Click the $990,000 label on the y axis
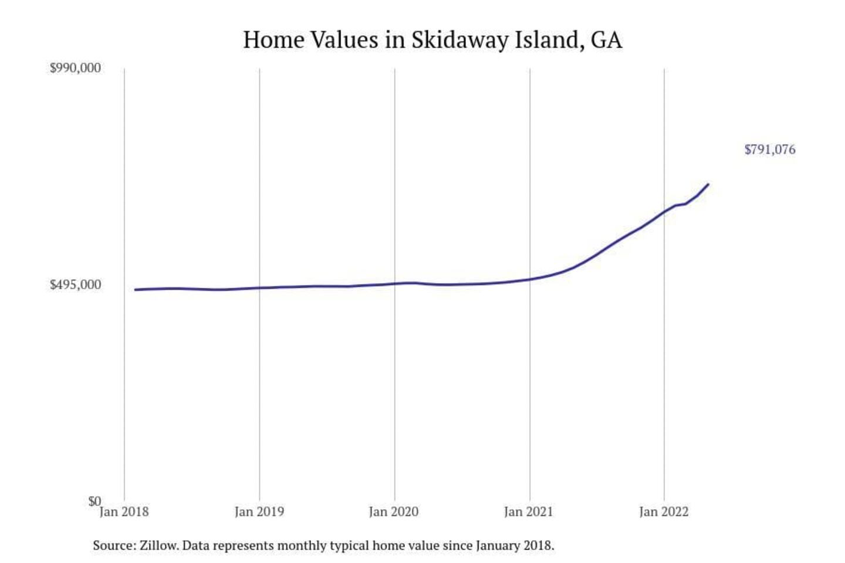click(x=75, y=68)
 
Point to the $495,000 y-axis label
click(x=75, y=285)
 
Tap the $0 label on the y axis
click(x=94, y=501)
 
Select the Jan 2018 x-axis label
click(x=124, y=512)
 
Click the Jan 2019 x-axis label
click(x=259, y=512)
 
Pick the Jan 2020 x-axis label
click(x=394, y=512)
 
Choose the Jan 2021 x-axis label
click(x=529, y=512)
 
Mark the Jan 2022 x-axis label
click(x=664, y=512)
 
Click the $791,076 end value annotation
click(x=770, y=150)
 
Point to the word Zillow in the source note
click(x=158, y=545)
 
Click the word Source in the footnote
click(x=113, y=545)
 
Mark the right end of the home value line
click(x=708, y=184)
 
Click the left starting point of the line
click(x=135, y=290)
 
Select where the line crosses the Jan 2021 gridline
click(x=530, y=279)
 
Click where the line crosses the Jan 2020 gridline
click(x=394, y=284)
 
